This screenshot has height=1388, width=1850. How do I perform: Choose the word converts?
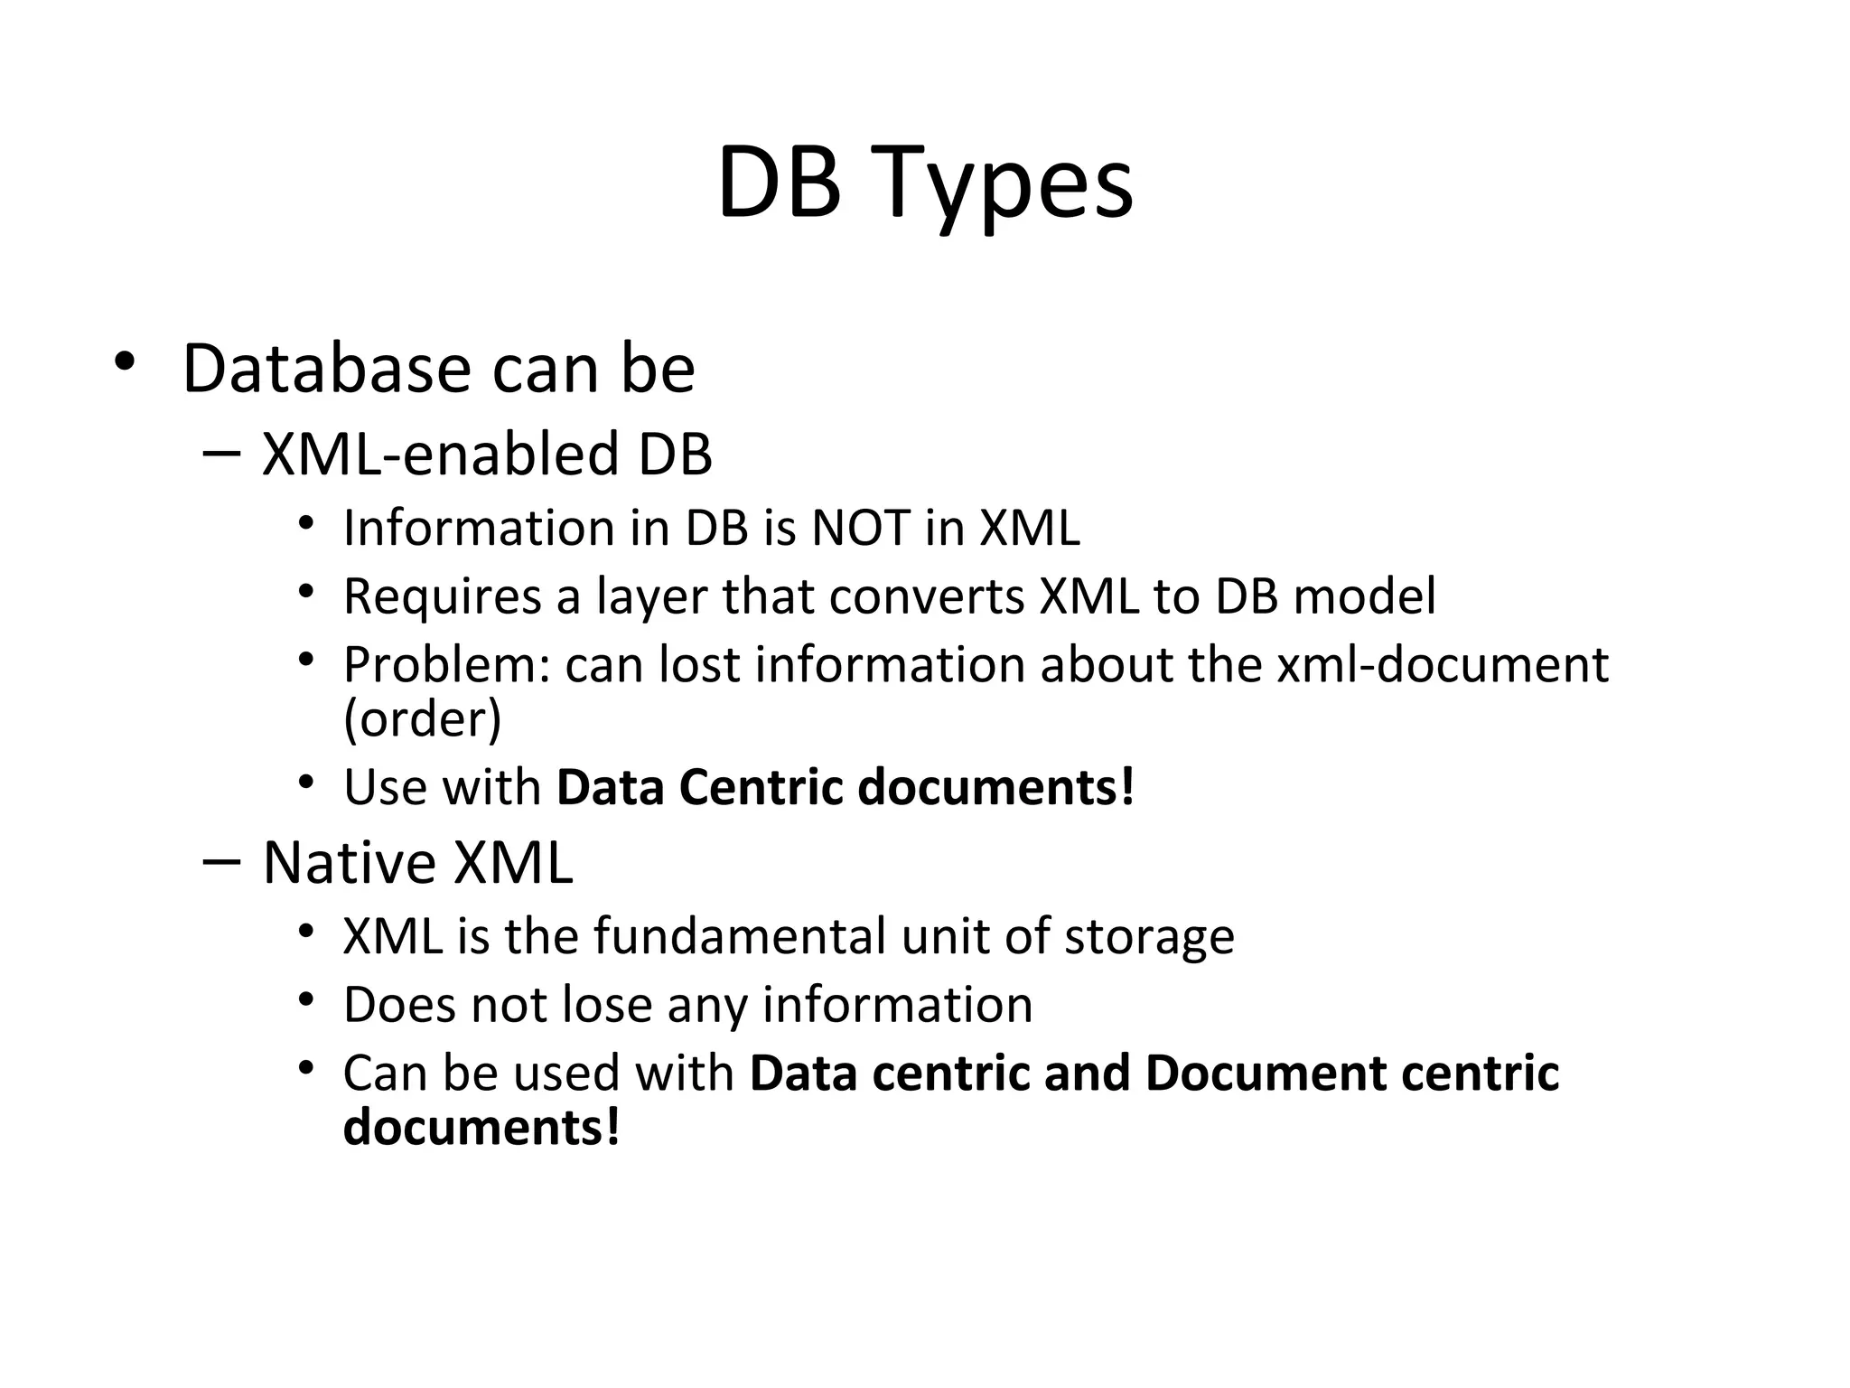point(927,596)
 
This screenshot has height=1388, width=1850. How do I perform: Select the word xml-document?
point(1443,665)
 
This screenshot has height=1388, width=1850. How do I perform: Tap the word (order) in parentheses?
point(422,719)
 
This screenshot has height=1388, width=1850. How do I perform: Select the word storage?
point(1148,936)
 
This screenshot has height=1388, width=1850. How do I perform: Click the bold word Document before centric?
point(1266,1074)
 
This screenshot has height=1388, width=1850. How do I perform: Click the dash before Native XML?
point(221,861)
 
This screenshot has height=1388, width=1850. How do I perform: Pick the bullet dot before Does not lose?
point(306,999)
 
